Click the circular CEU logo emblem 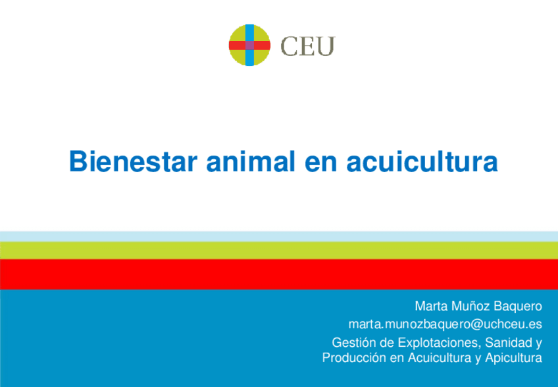click(249, 45)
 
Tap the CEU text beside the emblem click(308, 46)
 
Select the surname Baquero click(518, 307)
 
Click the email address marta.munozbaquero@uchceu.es click(445, 324)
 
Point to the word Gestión click(353, 343)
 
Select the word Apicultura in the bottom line click(511, 359)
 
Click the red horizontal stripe click(279, 274)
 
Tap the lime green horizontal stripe click(279, 251)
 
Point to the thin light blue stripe click(279, 236)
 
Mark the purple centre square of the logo click(249, 45)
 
